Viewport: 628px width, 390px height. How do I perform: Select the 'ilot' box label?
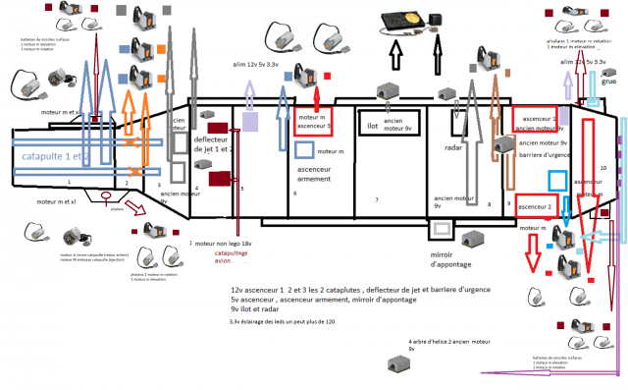pos(373,126)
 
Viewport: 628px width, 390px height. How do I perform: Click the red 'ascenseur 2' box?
pos(536,206)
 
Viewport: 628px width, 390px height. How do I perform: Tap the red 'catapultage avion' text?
pos(233,257)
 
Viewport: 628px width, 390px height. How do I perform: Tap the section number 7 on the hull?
pos(376,199)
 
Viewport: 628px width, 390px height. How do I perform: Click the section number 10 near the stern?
pos(602,168)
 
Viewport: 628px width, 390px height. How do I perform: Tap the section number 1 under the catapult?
pos(69,182)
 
